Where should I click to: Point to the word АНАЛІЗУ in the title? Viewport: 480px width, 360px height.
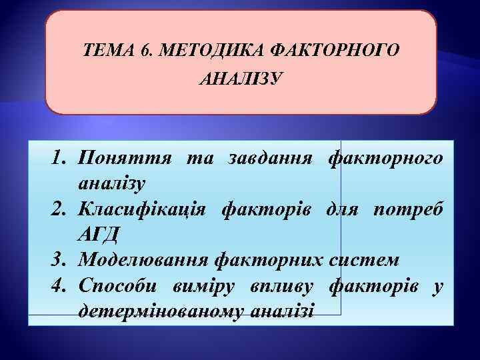(x=240, y=80)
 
